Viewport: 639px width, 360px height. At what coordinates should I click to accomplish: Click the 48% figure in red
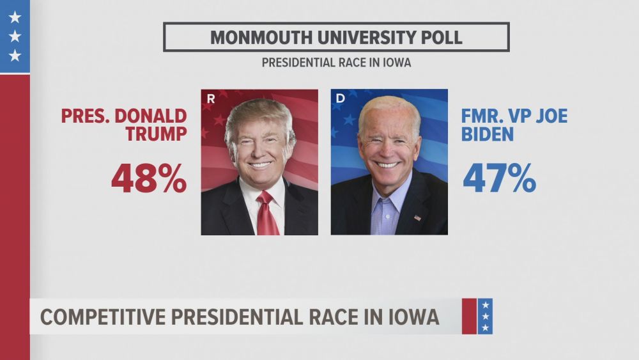coord(149,178)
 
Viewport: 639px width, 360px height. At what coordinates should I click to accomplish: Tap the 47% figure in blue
coord(499,178)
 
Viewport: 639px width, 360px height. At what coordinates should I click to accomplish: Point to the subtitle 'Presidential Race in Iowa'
coord(335,63)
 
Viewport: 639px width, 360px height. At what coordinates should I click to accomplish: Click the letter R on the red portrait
coord(211,98)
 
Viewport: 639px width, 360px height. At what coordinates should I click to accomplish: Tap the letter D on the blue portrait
coord(340,98)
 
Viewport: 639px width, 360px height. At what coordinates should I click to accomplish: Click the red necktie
coord(265,214)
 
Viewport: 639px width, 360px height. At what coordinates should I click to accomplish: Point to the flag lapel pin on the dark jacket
coord(417,217)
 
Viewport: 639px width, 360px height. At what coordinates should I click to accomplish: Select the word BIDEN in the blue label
coord(488,134)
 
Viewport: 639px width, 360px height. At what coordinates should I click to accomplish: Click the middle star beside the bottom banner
coord(486,317)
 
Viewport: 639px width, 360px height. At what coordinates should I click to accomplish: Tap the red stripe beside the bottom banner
coord(469,317)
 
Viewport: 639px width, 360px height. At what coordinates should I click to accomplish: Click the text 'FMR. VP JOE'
coord(514,116)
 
